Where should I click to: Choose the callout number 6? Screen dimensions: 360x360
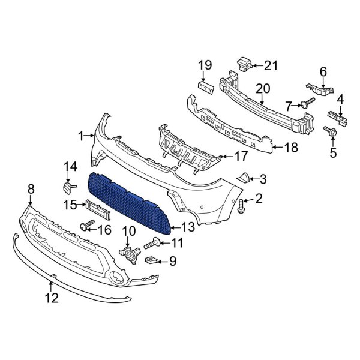click(323, 71)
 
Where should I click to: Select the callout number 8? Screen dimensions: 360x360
click(31, 190)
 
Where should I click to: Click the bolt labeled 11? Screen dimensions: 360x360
click(152, 243)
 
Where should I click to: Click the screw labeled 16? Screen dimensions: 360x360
click(85, 226)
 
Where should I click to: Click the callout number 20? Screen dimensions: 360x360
click(263, 88)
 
